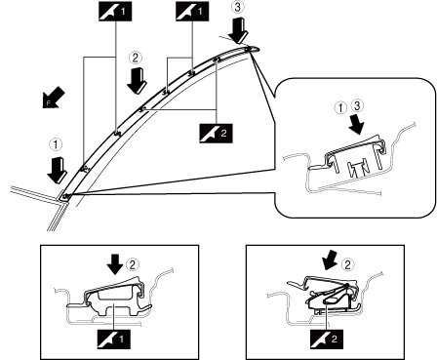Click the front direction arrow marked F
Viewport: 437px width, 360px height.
[53, 98]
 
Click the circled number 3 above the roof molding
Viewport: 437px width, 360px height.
[238, 8]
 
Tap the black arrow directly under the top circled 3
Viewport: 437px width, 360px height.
[239, 32]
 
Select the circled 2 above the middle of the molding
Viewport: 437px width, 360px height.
[136, 58]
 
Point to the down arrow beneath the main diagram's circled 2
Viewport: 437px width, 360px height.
[137, 81]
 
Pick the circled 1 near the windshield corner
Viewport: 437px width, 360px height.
[56, 144]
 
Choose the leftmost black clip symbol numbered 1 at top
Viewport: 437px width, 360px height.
[115, 12]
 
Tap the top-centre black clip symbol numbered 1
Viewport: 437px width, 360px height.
[192, 12]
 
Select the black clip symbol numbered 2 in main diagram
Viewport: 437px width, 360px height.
[217, 133]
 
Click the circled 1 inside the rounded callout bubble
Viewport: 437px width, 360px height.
[340, 108]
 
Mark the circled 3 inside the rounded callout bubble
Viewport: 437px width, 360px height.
[357, 106]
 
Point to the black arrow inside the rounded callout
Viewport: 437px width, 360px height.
[356, 124]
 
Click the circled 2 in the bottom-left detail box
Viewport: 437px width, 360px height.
[132, 264]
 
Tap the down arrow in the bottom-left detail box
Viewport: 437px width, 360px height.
[115, 263]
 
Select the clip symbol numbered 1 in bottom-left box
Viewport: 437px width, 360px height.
[113, 340]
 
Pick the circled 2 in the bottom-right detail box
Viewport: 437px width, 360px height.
[347, 265]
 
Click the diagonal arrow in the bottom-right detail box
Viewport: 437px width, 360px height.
[330, 261]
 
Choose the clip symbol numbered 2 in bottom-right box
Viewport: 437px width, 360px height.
[327, 340]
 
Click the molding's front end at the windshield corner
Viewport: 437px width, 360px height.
[65, 197]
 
